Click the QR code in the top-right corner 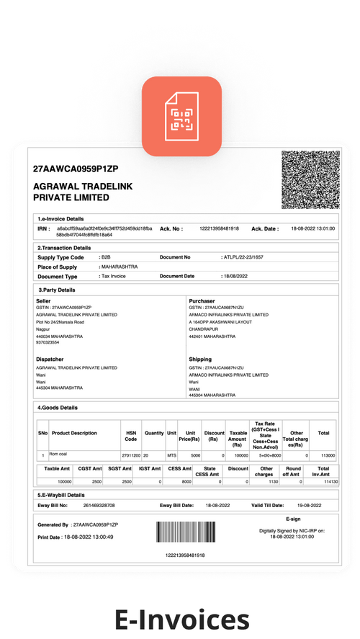pos(308,179)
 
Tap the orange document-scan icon pos(181,117)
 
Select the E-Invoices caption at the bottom pos(180,617)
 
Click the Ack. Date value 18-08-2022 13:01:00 pos(312,228)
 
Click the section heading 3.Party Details pos(56,290)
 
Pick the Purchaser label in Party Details pos(202,300)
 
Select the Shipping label pos(200,359)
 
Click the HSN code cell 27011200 pos(130,455)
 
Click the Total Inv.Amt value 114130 pos(323,481)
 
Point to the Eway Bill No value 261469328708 pos(99,506)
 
